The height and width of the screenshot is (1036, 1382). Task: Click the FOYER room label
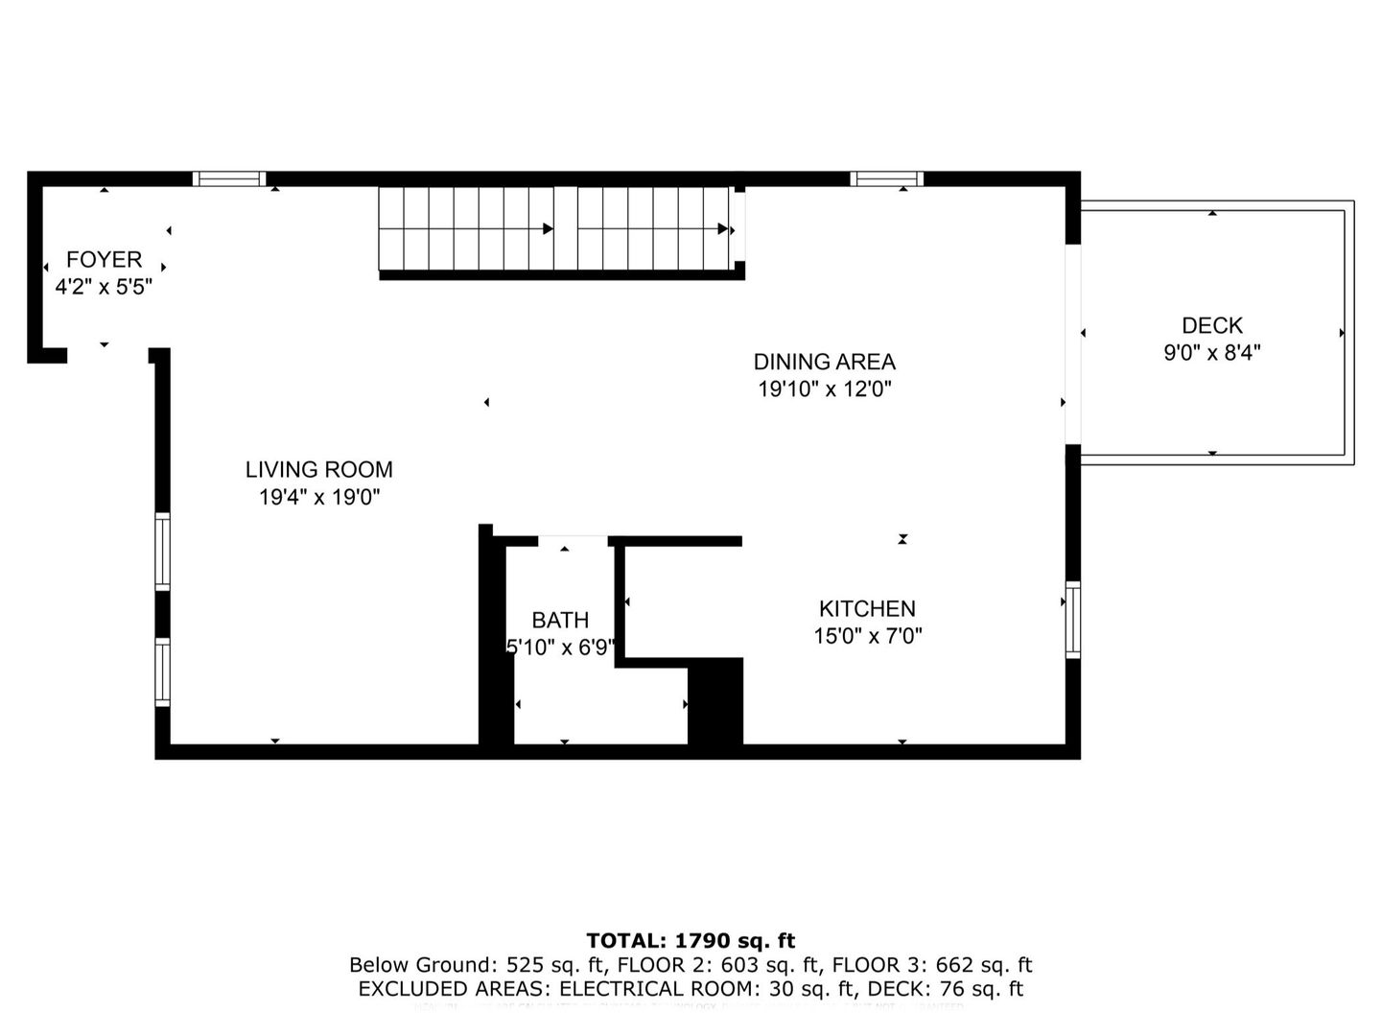click(104, 259)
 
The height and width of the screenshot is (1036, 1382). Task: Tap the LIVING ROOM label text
click(318, 469)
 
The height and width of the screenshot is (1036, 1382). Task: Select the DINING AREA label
click(824, 362)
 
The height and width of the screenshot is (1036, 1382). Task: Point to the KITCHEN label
click(867, 608)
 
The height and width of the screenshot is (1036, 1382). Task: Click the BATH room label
click(560, 620)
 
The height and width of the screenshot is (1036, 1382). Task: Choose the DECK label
click(1211, 325)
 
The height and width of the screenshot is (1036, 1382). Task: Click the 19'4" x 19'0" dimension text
click(318, 497)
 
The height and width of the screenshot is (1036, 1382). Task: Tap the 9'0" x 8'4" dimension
click(1211, 353)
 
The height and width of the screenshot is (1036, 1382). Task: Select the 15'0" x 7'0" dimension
click(867, 635)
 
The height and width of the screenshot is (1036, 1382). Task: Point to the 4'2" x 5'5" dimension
click(104, 286)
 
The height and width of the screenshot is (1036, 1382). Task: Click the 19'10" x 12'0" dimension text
click(824, 388)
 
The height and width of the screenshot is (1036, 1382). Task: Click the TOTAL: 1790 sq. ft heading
click(691, 941)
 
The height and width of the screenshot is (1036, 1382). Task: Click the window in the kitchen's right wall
click(1073, 620)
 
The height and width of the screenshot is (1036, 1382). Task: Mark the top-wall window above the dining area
click(886, 178)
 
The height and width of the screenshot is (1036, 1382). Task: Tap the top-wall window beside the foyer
click(228, 178)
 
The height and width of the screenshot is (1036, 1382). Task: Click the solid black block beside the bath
click(716, 700)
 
